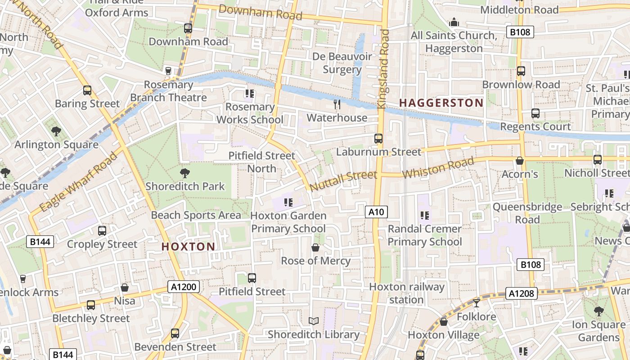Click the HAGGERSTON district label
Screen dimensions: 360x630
(x=441, y=103)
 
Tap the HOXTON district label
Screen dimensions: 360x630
(x=188, y=247)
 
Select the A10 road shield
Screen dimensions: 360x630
(x=376, y=212)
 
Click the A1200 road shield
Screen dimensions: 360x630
(x=184, y=287)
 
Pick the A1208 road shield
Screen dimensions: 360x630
(x=522, y=294)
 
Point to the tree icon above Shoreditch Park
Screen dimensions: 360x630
(x=184, y=173)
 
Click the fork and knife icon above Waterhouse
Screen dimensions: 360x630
(x=337, y=104)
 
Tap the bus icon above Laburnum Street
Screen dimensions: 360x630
(x=378, y=139)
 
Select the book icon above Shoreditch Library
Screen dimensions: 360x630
(x=314, y=321)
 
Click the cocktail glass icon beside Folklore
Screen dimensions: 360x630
(x=477, y=303)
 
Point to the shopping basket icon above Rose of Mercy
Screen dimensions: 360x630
(x=315, y=247)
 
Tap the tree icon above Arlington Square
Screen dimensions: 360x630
(x=56, y=131)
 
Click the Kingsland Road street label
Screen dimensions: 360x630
(x=383, y=68)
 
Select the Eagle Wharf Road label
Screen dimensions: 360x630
(x=78, y=182)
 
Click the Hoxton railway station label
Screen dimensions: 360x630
(x=407, y=293)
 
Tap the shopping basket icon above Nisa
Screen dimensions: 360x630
(x=125, y=288)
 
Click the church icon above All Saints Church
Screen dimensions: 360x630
(x=454, y=22)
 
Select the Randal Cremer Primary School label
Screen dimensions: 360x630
(x=424, y=235)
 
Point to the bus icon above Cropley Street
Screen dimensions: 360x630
(x=102, y=231)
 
